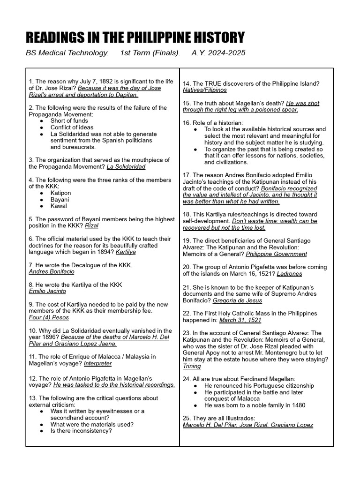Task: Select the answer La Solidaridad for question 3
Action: coord(126,166)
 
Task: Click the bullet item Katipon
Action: coord(61,193)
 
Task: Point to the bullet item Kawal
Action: coord(59,206)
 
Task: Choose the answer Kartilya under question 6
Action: coord(126,252)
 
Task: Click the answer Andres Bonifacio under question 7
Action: coord(52,271)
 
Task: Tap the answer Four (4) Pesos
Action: coord(49,317)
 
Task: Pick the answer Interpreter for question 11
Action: coord(98,363)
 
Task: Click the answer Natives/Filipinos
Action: coord(204,90)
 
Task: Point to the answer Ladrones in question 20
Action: coord(289,273)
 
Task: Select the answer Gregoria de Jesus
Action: coord(237,300)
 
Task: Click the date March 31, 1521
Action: coord(240,320)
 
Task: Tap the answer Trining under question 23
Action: coord(192,366)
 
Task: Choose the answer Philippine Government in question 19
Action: coord(276,254)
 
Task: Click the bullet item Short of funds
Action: coord(69,120)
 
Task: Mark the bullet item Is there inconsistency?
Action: coord(81,431)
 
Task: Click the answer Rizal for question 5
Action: coord(92,225)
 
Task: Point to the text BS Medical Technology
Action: coord(67,53)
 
